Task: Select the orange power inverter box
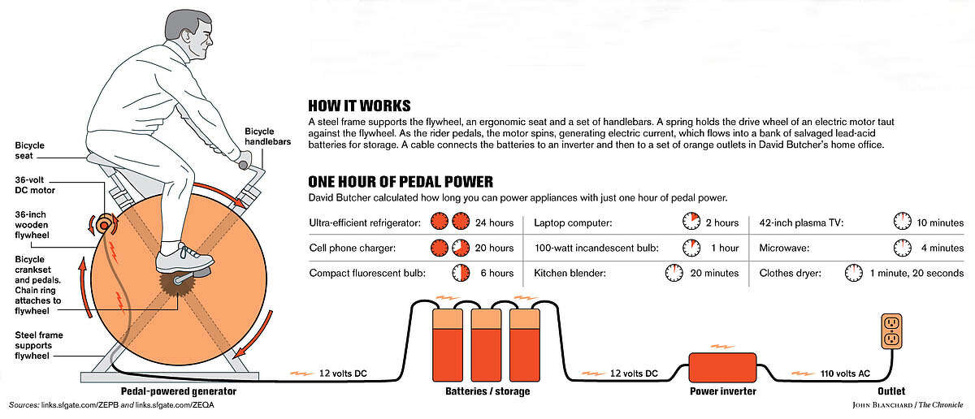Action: click(722, 366)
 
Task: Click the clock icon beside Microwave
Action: click(902, 247)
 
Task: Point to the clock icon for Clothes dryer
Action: click(853, 273)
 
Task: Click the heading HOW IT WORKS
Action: click(359, 106)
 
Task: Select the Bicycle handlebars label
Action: click(259, 137)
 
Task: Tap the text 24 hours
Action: click(495, 222)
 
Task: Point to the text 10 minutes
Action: click(940, 222)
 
